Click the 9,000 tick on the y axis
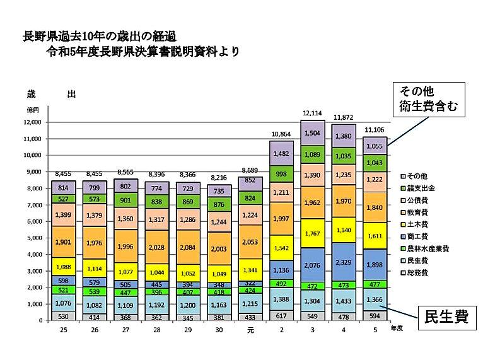(x=32, y=172)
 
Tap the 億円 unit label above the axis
(x=32, y=110)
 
